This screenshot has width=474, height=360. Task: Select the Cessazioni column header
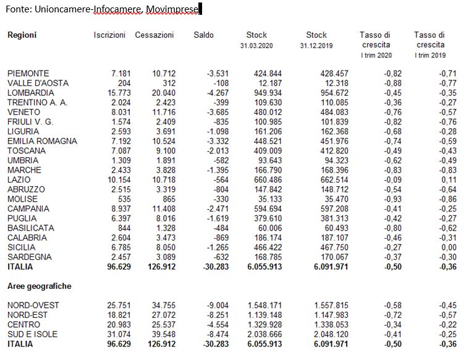(154, 35)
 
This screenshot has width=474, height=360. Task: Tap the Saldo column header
(203, 35)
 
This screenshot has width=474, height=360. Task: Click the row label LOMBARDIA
(29, 93)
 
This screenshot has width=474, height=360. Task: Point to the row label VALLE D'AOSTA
(38, 83)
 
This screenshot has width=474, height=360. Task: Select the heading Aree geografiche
(39, 286)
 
